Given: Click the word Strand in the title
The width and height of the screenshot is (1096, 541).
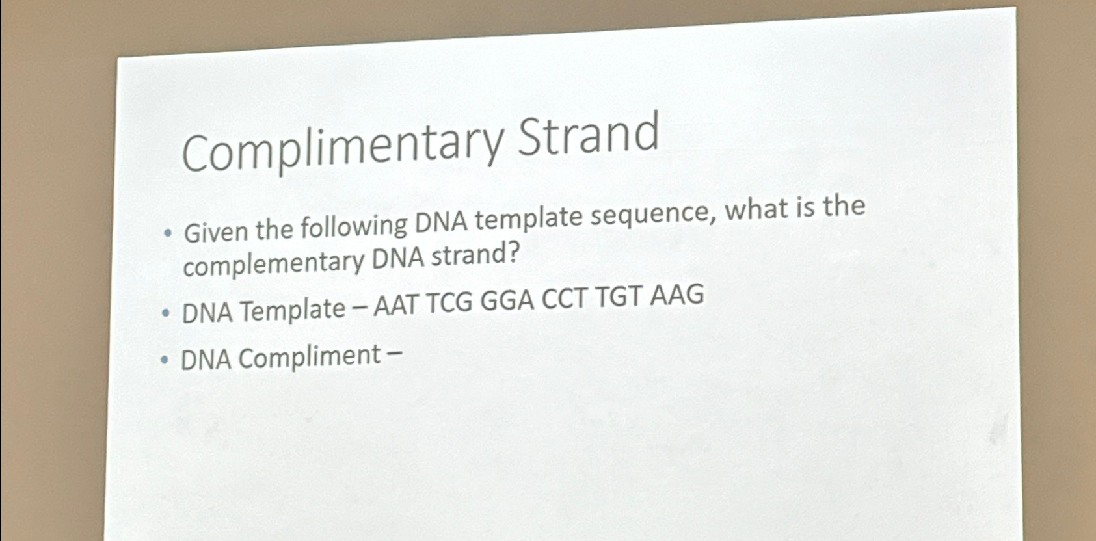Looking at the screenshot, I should (588, 134).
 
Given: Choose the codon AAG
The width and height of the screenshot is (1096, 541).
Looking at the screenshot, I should (676, 295).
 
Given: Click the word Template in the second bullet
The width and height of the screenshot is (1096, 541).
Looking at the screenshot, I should (292, 310).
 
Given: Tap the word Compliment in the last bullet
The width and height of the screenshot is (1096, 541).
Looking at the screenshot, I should (310, 357).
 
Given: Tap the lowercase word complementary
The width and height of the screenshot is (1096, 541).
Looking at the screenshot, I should (274, 263).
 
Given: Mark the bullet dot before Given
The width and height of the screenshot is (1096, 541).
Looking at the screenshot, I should (168, 233).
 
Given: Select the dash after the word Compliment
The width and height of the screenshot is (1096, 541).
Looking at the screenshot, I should (394, 354).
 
